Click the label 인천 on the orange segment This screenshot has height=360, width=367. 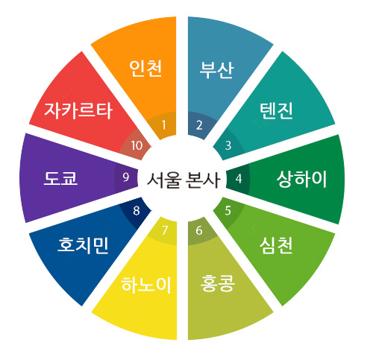pos(145,68)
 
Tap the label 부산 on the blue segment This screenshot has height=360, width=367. pos(216,70)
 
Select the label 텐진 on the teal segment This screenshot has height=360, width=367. pos(276,110)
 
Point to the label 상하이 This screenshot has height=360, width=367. pos(301,179)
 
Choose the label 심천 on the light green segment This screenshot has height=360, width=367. pos(276,246)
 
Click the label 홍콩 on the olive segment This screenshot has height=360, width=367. pos(218,283)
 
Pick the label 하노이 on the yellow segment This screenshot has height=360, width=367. pos(146,285)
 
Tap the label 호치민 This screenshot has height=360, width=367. pos(83,245)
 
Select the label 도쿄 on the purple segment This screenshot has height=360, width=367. pos(60,178)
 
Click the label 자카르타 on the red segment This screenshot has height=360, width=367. pos(78,110)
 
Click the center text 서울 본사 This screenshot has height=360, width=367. pos(183,180)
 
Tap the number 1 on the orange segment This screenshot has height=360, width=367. pos(163,125)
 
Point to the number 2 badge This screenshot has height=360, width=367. pos(199,125)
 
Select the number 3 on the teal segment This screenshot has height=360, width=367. pos(228,145)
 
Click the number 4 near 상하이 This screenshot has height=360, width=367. pos(239,179)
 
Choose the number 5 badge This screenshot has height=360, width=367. pos(228,211)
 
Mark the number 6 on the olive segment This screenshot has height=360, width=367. pos(199,230)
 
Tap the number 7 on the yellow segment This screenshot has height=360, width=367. pos(164,230)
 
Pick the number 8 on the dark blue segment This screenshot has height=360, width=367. pos(137,211)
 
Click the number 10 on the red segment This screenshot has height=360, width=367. pos(137,145)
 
